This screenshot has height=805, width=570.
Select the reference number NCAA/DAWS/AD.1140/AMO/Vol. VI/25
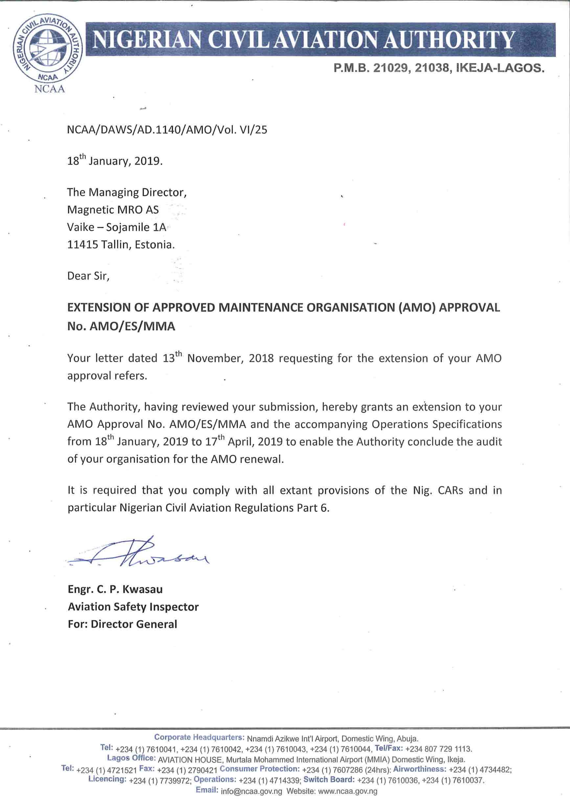[x=167, y=130]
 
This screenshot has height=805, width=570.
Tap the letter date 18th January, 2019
[x=115, y=161]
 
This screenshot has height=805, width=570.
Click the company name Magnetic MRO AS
[x=113, y=210]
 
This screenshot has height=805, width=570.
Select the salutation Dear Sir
[x=88, y=276]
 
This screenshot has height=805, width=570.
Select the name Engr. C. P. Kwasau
[x=115, y=589]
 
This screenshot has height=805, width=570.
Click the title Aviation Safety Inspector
[x=133, y=606]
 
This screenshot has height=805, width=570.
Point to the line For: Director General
[x=123, y=624]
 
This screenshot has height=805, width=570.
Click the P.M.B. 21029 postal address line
[x=439, y=68]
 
